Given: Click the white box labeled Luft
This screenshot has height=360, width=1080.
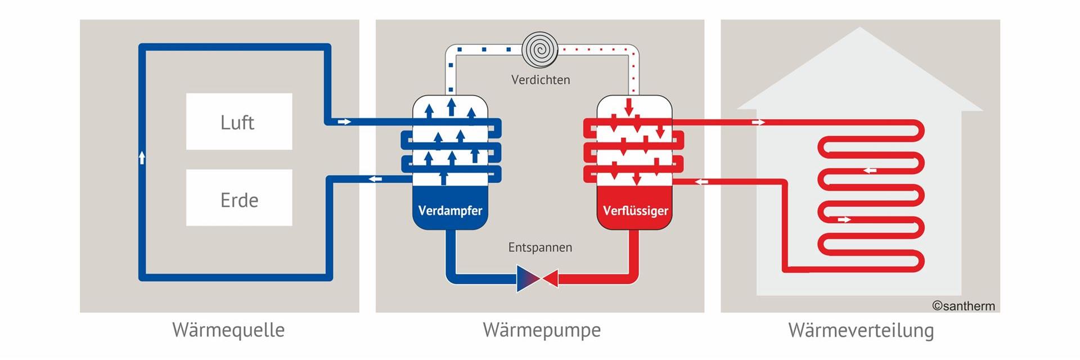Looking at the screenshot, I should pyautogui.click(x=239, y=121).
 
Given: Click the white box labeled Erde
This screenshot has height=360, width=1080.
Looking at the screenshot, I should pyautogui.click(x=239, y=198).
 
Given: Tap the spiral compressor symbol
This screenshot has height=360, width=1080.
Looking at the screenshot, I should pyautogui.click(x=539, y=49).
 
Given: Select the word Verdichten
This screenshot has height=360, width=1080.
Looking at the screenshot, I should pyautogui.click(x=540, y=80).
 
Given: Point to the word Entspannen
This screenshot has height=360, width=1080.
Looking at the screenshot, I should pyautogui.click(x=540, y=247).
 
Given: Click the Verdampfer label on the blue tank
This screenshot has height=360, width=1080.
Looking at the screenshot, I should pyautogui.click(x=450, y=211).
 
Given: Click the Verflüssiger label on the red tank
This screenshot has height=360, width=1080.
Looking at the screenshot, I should pyautogui.click(x=636, y=211).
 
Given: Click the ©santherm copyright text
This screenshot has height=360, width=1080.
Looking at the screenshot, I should pyautogui.click(x=963, y=306).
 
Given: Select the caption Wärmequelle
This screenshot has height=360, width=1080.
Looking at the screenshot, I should pyautogui.click(x=228, y=330).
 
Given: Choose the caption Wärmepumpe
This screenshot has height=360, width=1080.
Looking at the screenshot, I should pyautogui.click(x=542, y=330).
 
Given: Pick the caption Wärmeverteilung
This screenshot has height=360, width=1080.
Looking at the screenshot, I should pyautogui.click(x=861, y=330).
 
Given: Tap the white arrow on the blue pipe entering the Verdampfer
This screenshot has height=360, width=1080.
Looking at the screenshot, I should pyautogui.click(x=344, y=121).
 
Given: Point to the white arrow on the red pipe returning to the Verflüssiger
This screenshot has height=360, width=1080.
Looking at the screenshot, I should pyautogui.click(x=701, y=181).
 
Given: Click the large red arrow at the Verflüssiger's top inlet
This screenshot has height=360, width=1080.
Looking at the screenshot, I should pyautogui.click(x=629, y=106).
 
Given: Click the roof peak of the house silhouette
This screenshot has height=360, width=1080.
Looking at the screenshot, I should pyautogui.click(x=860, y=31).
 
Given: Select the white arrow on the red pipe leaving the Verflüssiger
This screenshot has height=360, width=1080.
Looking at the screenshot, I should pyautogui.click(x=758, y=122).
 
